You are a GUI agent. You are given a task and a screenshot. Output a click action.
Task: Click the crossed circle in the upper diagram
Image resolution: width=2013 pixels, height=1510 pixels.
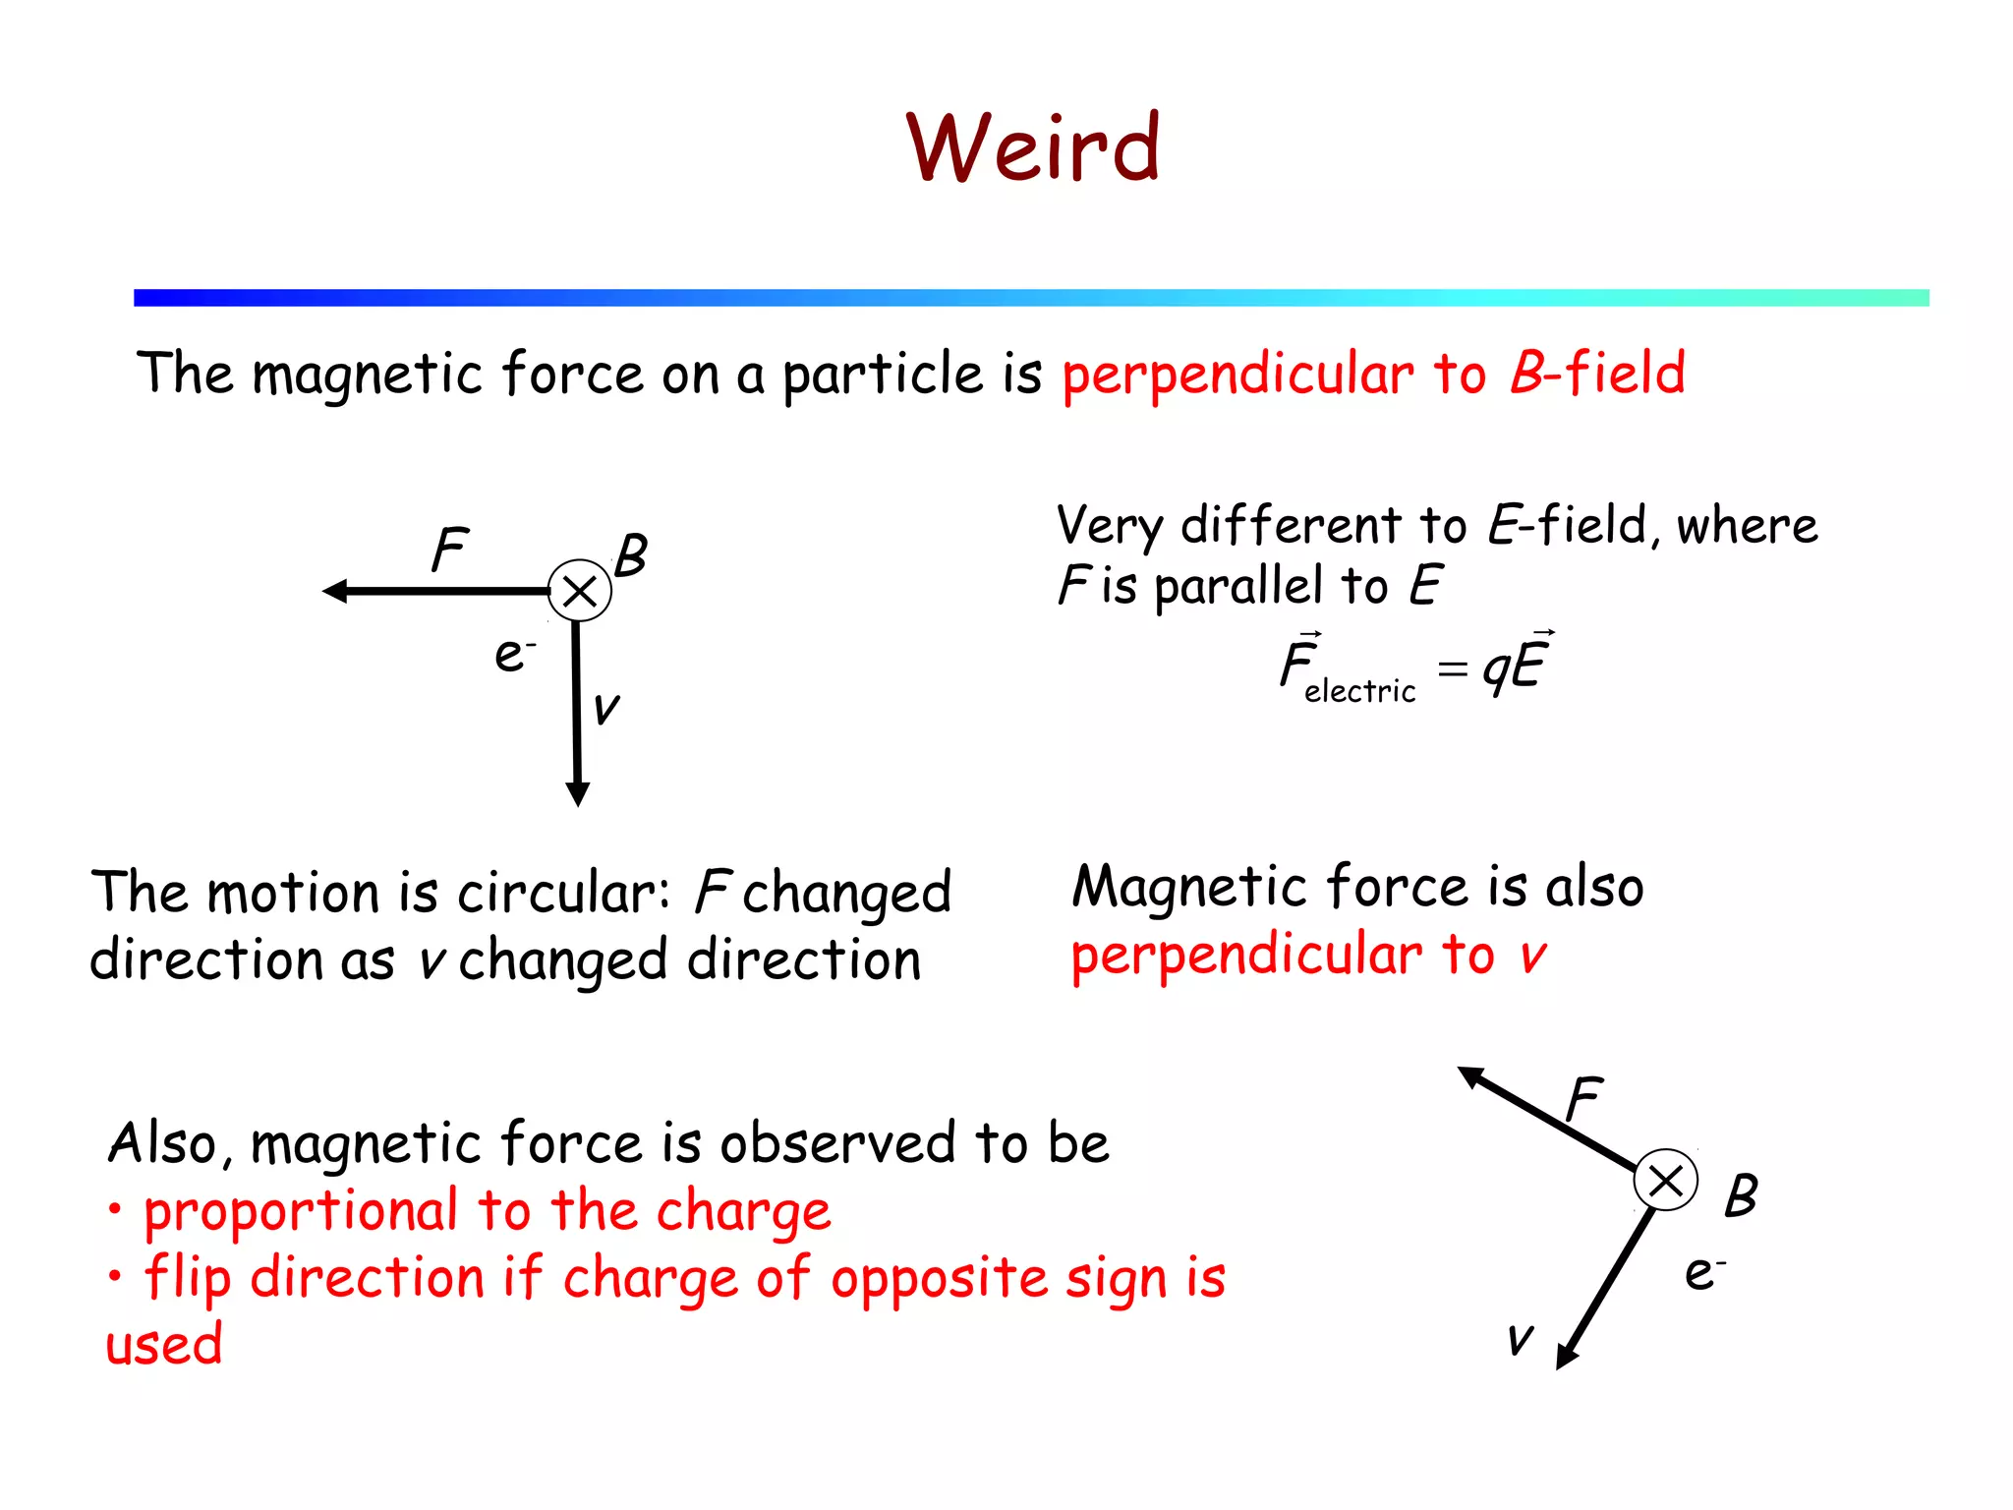point(580,591)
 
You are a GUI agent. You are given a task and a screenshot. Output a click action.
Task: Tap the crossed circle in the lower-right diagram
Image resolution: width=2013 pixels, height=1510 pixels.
point(1665,1180)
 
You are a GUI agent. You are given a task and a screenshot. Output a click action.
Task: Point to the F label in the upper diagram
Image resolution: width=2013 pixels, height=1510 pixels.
point(450,550)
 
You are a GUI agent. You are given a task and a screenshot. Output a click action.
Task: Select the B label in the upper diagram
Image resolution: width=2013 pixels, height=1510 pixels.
point(631,555)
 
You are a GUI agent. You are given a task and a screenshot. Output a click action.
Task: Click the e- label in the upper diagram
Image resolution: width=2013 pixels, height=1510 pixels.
point(513,654)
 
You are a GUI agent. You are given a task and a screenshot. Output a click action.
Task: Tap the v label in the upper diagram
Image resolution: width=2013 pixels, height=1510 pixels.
point(606,707)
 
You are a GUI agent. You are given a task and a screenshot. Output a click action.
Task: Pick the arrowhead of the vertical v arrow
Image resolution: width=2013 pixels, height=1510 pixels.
point(578,793)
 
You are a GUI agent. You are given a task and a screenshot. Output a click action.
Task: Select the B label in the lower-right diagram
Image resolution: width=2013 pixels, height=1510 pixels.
point(1741,1195)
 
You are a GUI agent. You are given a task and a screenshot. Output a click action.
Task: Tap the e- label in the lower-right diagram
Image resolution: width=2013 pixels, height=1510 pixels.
point(1703,1272)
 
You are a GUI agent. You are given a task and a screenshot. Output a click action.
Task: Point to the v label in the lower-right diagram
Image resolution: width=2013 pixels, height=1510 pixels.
point(1520,1337)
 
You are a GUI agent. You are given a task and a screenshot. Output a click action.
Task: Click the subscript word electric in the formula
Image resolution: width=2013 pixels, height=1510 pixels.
point(1359,691)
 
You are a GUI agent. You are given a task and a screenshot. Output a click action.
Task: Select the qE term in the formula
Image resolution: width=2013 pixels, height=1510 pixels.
point(1517,666)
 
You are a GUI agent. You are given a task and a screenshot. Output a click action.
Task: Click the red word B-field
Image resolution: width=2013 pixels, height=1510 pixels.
point(1597,374)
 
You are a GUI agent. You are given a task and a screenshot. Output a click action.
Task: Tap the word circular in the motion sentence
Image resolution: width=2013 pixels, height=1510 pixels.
point(563,893)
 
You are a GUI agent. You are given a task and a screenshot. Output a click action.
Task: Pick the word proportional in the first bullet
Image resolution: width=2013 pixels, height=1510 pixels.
point(301,1210)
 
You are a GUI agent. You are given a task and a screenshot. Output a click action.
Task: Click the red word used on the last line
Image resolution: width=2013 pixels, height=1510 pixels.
point(164,1344)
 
